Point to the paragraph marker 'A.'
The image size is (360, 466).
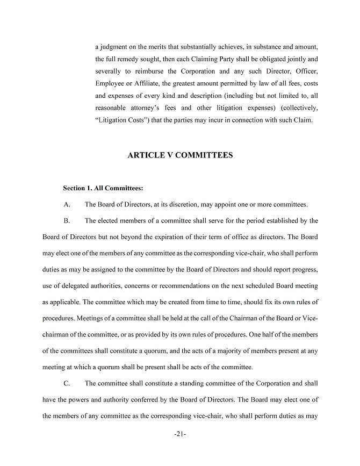point(67,204)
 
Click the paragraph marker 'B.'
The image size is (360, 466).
point(67,220)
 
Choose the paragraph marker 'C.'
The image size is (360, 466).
point(67,384)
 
